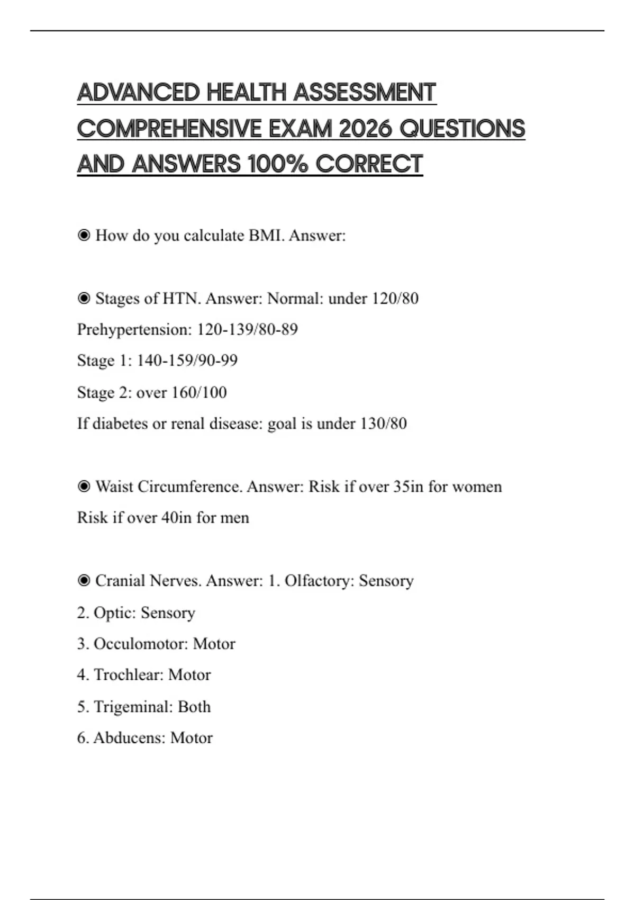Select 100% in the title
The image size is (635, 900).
(x=278, y=164)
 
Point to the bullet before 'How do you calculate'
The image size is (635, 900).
(x=84, y=235)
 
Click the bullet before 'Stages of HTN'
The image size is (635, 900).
(x=84, y=299)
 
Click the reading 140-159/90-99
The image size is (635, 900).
(x=187, y=361)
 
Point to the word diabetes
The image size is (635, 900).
(x=120, y=424)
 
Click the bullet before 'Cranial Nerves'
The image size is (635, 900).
(x=84, y=581)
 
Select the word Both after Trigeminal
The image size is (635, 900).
(x=194, y=707)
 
